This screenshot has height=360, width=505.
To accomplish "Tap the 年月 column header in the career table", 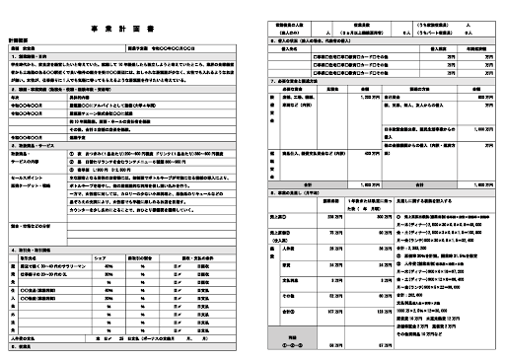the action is click(29, 96).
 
